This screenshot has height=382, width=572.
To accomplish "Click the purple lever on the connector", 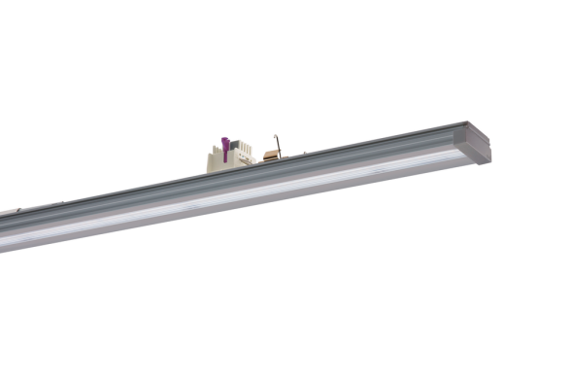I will [225, 149].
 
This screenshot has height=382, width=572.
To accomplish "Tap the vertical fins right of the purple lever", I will [244, 147].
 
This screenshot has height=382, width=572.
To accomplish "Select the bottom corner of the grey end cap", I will [486, 161].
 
